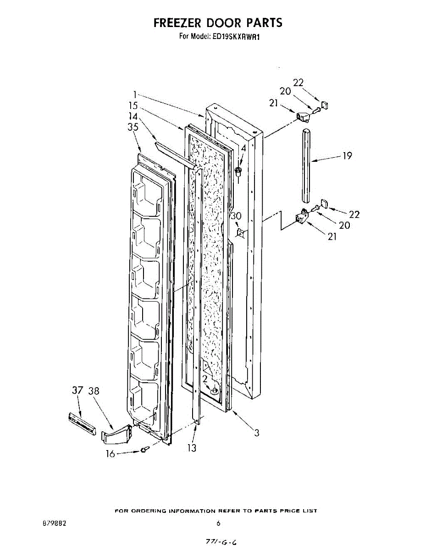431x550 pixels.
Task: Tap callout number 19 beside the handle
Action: (x=347, y=156)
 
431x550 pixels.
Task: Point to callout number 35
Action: (x=133, y=128)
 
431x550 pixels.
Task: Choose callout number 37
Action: (x=77, y=391)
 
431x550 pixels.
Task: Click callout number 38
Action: (x=94, y=391)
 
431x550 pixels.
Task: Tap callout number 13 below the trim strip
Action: (x=192, y=448)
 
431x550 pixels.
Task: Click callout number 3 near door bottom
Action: (x=257, y=432)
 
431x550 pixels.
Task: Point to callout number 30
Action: (x=236, y=216)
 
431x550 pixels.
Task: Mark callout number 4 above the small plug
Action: (x=243, y=148)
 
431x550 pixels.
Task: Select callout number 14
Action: (x=133, y=117)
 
